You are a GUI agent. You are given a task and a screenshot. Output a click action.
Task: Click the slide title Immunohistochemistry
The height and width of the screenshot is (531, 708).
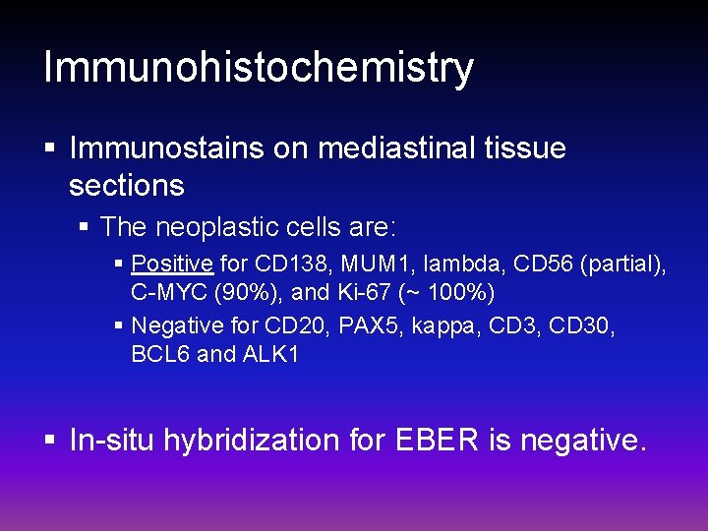click(259, 68)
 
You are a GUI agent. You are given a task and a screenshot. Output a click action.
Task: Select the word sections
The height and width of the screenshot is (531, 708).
click(127, 184)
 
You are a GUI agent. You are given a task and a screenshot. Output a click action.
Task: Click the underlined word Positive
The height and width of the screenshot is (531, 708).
click(172, 264)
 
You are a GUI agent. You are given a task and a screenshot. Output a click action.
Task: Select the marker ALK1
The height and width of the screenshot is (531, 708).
click(268, 354)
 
